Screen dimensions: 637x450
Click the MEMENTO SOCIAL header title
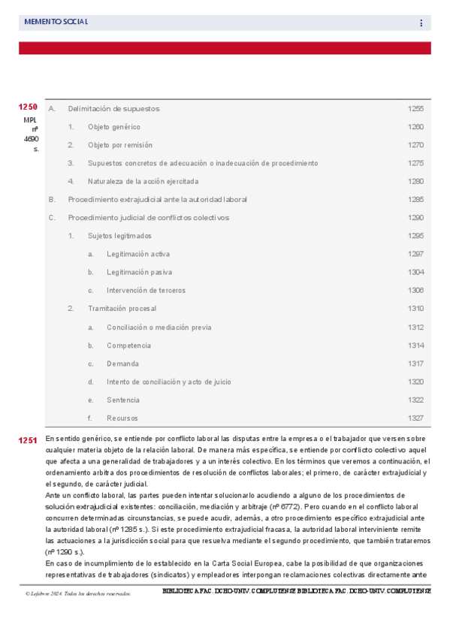(56, 23)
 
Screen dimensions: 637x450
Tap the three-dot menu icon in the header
(421, 23)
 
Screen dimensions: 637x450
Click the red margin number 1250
(29, 107)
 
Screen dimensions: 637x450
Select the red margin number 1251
(29, 441)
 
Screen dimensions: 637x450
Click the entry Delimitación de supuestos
(113, 109)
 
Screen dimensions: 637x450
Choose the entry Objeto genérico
(113, 127)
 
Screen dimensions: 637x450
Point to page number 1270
(415, 145)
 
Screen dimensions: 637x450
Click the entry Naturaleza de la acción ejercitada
(143, 181)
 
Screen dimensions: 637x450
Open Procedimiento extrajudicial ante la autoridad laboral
(157, 200)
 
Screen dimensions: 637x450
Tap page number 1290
(415, 218)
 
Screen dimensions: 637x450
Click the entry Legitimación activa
(138, 254)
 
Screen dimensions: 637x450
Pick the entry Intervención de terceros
(146, 291)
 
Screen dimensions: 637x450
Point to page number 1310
(415, 309)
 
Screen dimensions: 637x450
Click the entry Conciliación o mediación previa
(159, 328)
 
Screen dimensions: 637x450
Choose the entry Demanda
(122, 364)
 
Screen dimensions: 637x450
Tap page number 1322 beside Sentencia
(415, 400)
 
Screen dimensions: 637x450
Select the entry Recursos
(122, 418)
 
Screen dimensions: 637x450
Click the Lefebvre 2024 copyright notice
(77, 593)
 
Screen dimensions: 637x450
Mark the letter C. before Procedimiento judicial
(52, 218)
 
